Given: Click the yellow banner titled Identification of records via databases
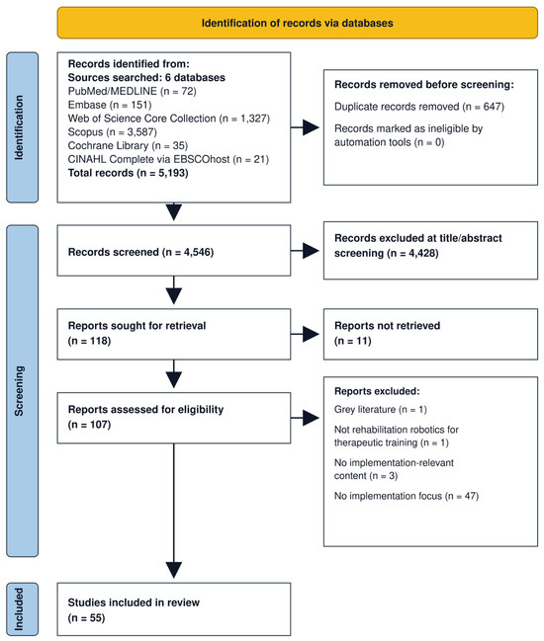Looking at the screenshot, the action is click(297, 23).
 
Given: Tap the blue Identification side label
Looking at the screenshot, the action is click(23, 127).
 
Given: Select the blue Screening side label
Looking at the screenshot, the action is click(23, 391).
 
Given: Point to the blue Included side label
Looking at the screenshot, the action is click(23, 609).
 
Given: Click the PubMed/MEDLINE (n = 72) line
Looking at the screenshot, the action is click(133, 91).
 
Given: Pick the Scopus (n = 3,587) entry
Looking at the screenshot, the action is click(113, 132).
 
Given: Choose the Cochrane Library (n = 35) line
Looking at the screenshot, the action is click(129, 145).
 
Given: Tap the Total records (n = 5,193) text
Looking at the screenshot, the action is click(129, 173).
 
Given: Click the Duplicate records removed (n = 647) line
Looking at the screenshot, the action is click(419, 107).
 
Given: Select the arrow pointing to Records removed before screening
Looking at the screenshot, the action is click(305, 127).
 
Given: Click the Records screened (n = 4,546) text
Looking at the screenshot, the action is click(140, 252).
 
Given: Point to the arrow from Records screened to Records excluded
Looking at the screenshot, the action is click(305, 251).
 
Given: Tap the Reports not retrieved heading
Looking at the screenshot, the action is click(387, 326).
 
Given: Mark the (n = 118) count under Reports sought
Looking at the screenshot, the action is click(89, 341).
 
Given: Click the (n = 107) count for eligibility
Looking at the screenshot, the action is click(89, 425).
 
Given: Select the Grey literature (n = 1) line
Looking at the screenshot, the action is click(381, 409).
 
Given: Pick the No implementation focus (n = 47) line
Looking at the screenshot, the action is click(407, 496).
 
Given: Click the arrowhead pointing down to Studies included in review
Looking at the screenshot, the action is click(174, 570).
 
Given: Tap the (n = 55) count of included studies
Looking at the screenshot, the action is click(86, 617).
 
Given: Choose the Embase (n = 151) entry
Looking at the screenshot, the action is click(110, 105).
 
